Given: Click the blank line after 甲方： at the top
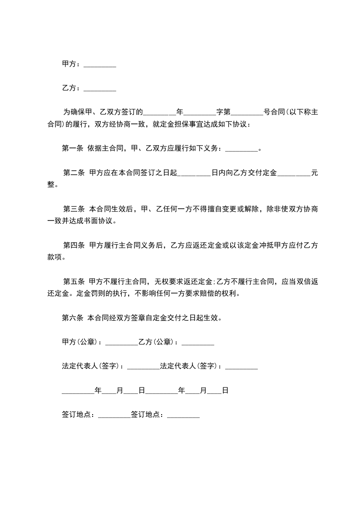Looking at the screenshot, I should pos(100,65).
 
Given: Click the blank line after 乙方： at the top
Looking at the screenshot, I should pos(100,89).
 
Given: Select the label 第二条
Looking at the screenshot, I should pos(74,172).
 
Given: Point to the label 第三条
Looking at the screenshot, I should pos(74,209).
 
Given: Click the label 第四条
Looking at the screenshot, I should pos(74,246).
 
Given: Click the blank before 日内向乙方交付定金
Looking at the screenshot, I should pos(195,172).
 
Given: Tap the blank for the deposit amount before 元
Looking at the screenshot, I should pos(294,172).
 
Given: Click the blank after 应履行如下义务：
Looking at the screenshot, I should pos(241,148).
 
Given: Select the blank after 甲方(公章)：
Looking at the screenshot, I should pos(121,343).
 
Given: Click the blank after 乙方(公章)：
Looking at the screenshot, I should pos(197,343).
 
